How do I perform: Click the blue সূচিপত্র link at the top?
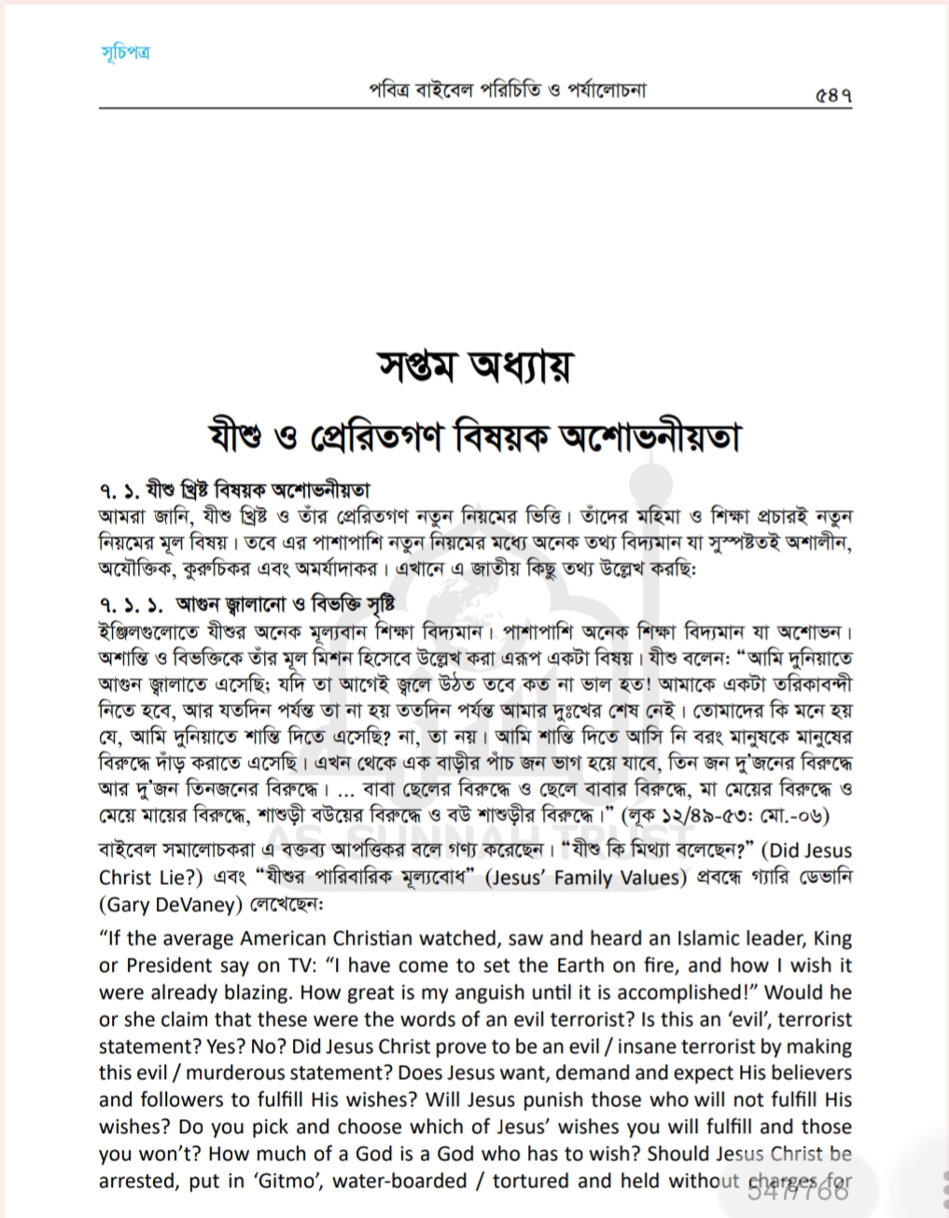pyautogui.click(x=125, y=51)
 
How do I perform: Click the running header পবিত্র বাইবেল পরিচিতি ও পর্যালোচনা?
pyautogui.click(x=508, y=90)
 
